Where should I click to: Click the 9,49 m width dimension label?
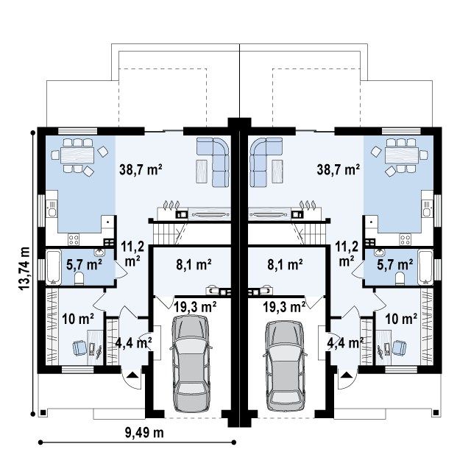[x=144, y=433]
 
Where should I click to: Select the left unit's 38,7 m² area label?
[x=141, y=170]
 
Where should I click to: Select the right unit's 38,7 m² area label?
[x=339, y=170]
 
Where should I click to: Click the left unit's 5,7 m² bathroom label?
[x=84, y=264]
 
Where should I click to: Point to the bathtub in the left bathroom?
[x=54, y=267]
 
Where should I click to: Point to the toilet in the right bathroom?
[x=400, y=278]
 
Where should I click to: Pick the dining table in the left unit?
[x=77, y=155]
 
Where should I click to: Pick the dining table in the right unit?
[x=402, y=155]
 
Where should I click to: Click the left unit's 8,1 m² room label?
[x=194, y=265]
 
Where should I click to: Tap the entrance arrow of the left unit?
[x=132, y=375]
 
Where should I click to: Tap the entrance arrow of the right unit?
[x=347, y=375]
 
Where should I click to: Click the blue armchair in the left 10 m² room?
[x=79, y=348]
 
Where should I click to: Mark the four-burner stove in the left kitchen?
[x=74, y=240]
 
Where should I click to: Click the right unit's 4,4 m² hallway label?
[x=345, y=342]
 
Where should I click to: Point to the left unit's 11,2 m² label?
[x=132, y=254]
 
